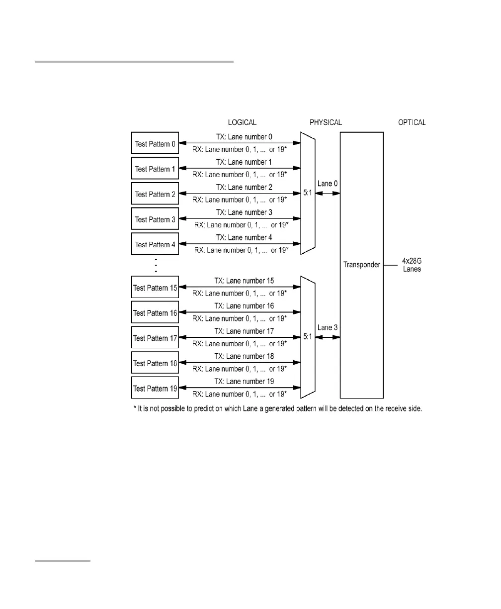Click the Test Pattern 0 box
click(155, 144)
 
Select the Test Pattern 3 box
click(155, 219)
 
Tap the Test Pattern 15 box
click(155, 288)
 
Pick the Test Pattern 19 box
click(155, 389)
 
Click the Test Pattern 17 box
click(155, 338)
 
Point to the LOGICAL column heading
click(242, 122)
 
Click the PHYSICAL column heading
click(326, 122)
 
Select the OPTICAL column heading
click(412, 122)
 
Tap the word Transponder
click(361, 265)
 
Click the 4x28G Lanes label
click(411, 265)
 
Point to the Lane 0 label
click(328, 184)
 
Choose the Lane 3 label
click(328, 328)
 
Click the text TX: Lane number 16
click(244, 306)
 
